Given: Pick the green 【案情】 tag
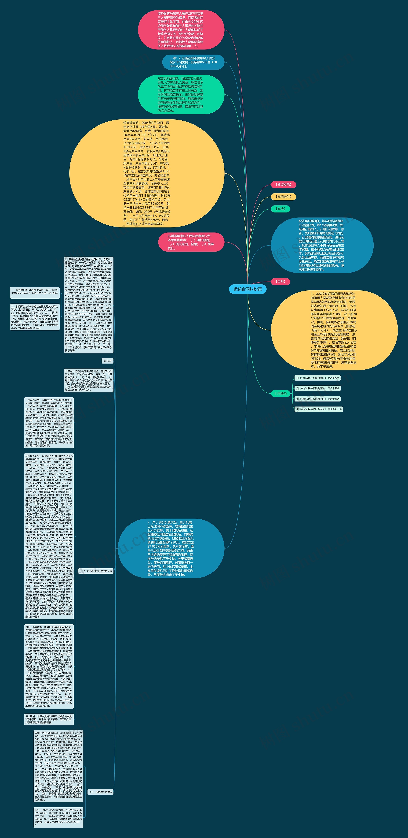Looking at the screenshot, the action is click(280, 209).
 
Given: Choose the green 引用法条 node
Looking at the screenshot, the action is click(280, 393).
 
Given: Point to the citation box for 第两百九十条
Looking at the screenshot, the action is click(319, 409).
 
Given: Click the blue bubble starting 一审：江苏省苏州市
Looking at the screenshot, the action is click(193, 62).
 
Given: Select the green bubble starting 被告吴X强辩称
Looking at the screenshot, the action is click(181, 94).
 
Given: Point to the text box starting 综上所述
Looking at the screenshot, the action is click(49, 719).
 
